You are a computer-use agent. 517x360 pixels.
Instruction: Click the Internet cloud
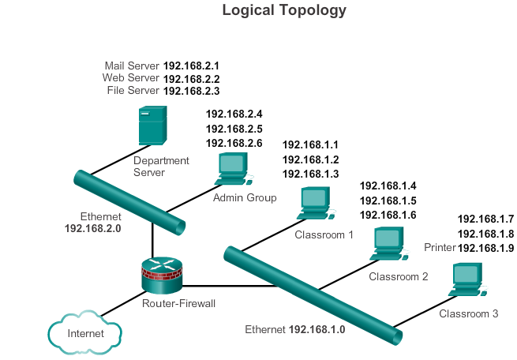click(85, 332)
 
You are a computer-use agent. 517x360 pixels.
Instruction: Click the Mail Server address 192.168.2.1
click(191, 66)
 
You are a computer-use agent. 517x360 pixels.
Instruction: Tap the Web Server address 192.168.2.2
click(191, 78)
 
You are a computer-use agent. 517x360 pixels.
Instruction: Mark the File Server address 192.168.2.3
click(191, 91)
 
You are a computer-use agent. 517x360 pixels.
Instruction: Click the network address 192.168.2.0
click(93, 228)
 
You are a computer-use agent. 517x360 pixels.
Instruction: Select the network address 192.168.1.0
click(317, 329)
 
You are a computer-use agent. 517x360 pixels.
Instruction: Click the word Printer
click(440, 248)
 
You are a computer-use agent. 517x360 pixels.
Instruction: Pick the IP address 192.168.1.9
click(485, 248)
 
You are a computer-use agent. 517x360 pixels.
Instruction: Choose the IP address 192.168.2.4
click(234, 114)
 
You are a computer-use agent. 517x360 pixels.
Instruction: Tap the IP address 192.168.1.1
click(310, 144)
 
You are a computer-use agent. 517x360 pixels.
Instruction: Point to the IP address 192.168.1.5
click(388, 201)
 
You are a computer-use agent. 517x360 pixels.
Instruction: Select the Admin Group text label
click(245, 197)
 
